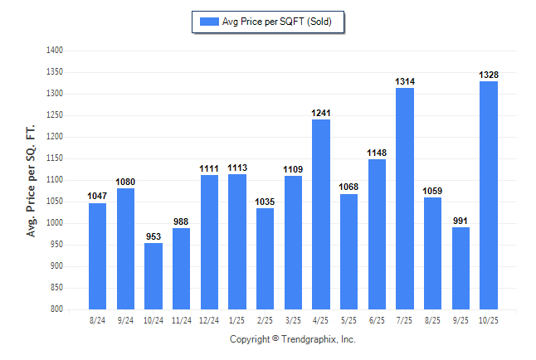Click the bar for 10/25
[488, 195]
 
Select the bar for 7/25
[404, 198]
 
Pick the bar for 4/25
[321, 214]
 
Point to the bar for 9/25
[460, 268]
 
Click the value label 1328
[488, 75]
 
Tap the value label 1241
[321, 113]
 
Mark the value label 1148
[377, 153]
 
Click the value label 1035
[266, 202]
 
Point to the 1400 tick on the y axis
[55, 51]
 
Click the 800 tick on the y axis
[56, 309]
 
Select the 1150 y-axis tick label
[55, 158]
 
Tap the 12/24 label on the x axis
[209, 320]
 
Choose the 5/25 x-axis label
[348, 320]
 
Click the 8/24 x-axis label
[98, 320]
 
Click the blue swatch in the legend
[207, 22]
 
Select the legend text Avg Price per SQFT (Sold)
[277, 22]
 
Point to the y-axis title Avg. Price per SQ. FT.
[32, 181]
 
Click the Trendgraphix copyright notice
[292, 339]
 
